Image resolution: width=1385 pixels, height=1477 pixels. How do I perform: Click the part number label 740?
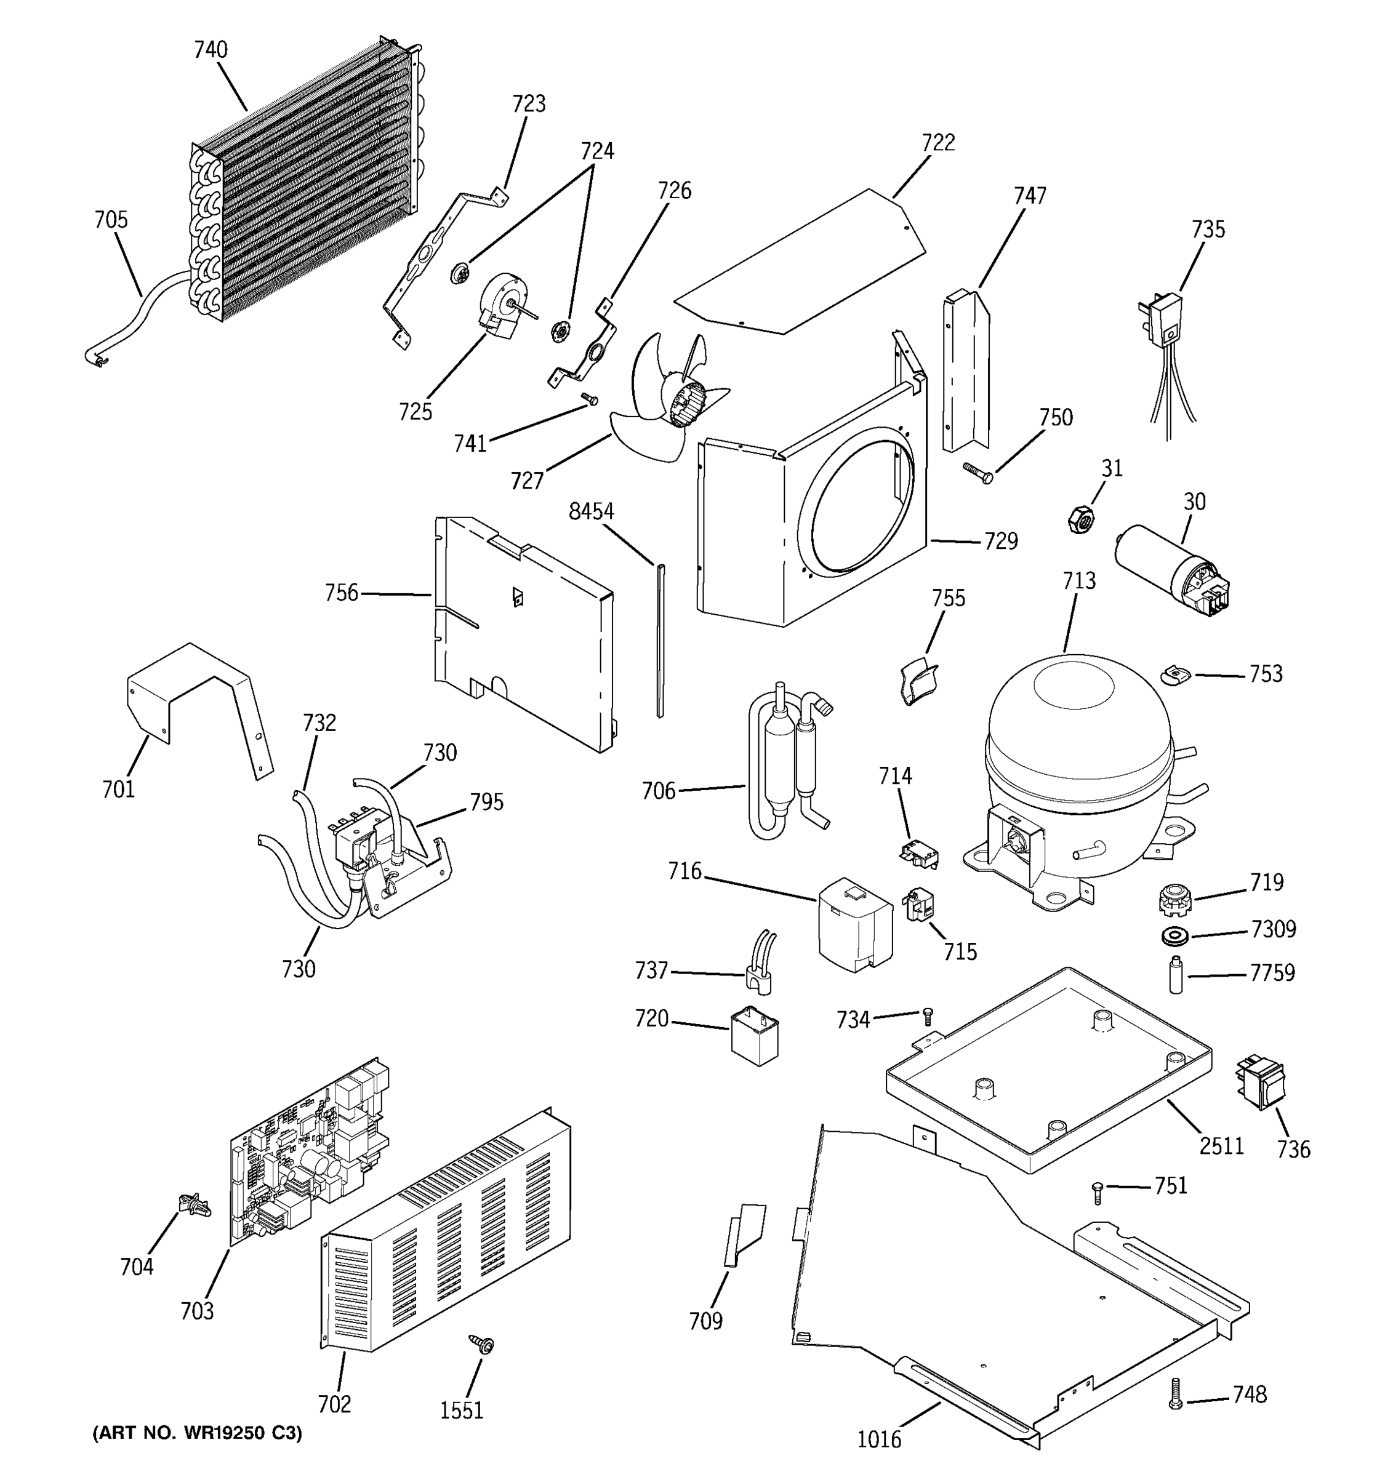pos(211,50)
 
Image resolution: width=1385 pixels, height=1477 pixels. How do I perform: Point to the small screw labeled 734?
pos(926,1015)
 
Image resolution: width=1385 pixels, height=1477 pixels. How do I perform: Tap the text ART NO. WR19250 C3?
pos(197,1433)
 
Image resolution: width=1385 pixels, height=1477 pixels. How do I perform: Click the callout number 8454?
pos(591,512)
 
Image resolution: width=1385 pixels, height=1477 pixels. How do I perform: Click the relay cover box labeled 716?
pos(854,924)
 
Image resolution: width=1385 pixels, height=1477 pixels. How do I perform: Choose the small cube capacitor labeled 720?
pos(754,1035)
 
